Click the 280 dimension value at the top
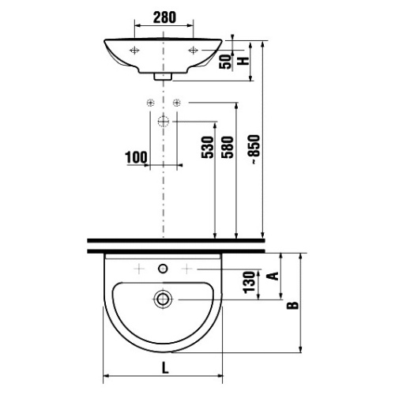point(164,17)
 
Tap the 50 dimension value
point(225,62)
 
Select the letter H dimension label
point(243,61)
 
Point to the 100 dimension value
point(136,157)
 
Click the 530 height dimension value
point(208,147)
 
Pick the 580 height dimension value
point(228,147)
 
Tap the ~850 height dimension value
point(254,149)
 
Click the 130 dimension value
point(249,282)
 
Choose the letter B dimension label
point(292,305)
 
